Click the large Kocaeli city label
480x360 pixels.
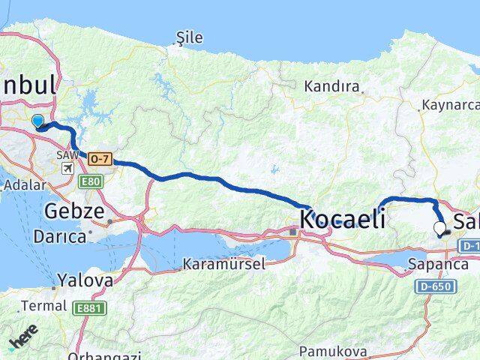pos(343,219)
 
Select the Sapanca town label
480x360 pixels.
pos(433,264)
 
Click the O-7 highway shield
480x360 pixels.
pos(100,158)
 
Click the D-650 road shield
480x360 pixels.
pos(433,286)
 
